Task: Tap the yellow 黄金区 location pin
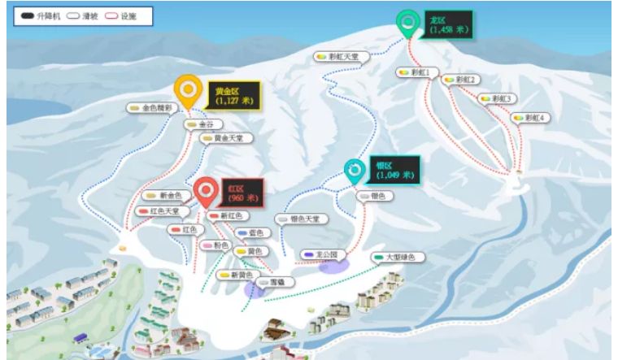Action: (188, 89)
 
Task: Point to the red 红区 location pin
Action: (207, 191)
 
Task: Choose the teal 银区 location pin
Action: (355, 170)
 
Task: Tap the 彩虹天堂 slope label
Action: (341, 56)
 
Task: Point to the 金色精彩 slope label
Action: (151, 107)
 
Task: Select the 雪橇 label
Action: (272, 283)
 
